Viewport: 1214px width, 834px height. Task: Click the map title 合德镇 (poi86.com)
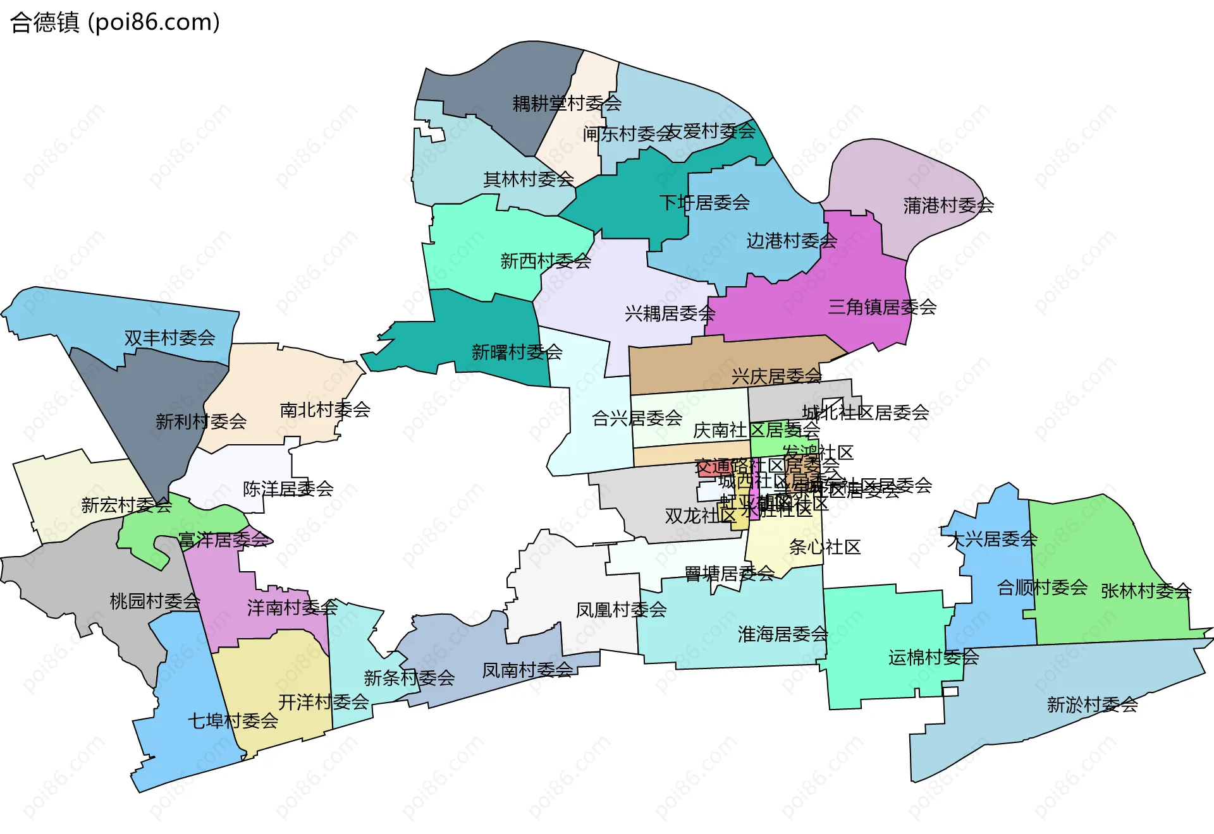[x=115, y=22]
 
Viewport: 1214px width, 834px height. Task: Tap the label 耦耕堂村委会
[x=567, y=103]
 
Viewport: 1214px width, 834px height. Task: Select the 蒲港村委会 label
[x=948, y=205]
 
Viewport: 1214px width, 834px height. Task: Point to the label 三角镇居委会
[x=882, y=307]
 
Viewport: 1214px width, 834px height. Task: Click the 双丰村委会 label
[x=169, y=337]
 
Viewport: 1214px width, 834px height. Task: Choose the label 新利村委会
[x=201, y=421]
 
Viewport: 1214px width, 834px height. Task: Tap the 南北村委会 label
[x=325, y=410]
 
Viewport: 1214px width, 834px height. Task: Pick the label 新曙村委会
[x=517, y=352]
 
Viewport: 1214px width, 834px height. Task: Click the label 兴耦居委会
[x=670, y=313]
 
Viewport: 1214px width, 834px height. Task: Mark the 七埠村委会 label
[x=233, y=720]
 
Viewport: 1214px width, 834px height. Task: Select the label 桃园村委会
[x=155, y=601]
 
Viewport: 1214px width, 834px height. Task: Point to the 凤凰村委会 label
[x=621, y=610]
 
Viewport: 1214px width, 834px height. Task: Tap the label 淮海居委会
[x=783, y=634]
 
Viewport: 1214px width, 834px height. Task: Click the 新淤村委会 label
[x=1092, y=704]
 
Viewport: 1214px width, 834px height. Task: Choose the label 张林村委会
[x=1146, y=591]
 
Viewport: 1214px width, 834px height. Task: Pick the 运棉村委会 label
[x=933, y=657]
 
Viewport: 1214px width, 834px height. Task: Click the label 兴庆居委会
[x=776, y=377]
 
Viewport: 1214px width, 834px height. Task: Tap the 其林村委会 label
[x=529, y=179]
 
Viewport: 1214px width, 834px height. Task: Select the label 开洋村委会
[x=324, y=701]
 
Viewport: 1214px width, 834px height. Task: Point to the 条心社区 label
[x=825, y=547]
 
